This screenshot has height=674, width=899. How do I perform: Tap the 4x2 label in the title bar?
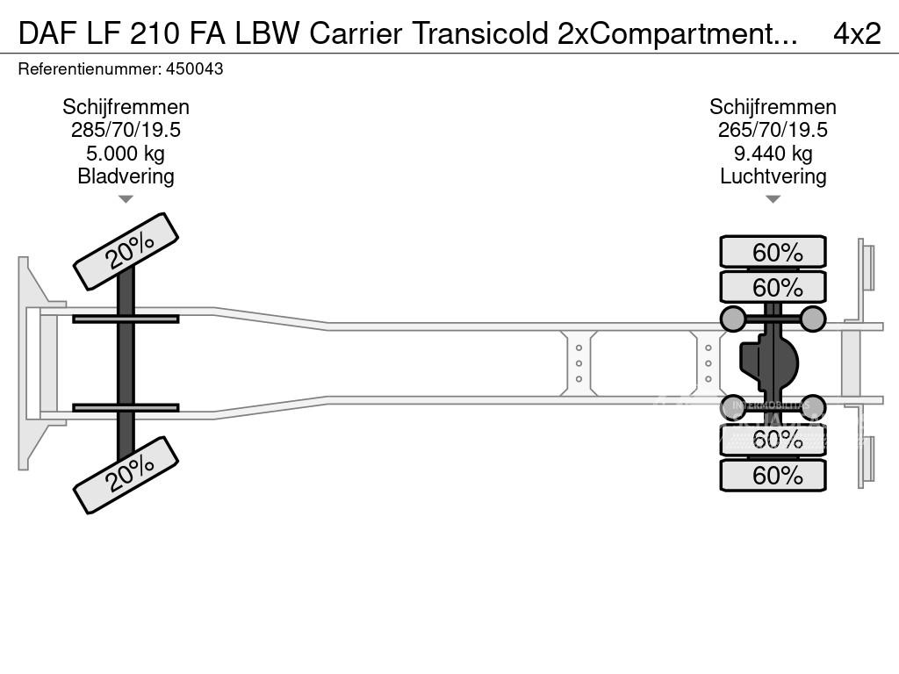click(856, 32)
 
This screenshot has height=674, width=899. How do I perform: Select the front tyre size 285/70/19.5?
click(126, 130)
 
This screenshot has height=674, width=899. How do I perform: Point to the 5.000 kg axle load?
click(126, 153)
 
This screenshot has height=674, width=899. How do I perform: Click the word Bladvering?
click(126, 176)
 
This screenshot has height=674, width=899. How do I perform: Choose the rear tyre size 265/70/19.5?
click(773, 130)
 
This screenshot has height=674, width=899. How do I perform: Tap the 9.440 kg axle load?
click(773, 153)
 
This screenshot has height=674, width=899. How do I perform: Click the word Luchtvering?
click(773, 176)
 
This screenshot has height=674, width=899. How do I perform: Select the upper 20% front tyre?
click(126, 251)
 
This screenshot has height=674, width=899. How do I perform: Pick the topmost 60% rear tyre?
click(773, 252)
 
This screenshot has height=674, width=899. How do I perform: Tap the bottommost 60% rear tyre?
click(773, 476)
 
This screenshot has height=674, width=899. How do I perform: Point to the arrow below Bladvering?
click(126, 199)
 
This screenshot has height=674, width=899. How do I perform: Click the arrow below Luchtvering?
click(773, 199)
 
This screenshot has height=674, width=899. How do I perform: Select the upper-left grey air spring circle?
click(733, 319)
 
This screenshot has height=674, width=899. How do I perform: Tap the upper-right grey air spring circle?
click(813, 319)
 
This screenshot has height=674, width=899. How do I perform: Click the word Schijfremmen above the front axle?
click(126, 107)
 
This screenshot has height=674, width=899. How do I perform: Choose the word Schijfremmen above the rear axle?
click(773, 107)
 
